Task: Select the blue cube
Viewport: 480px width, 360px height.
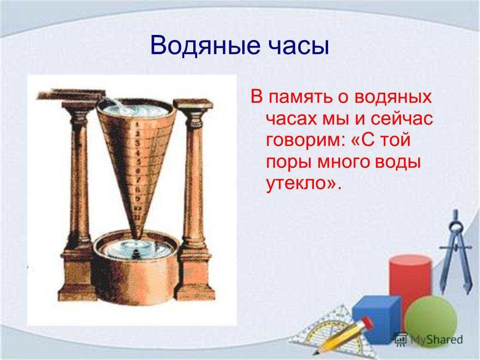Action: [x=377, y=319]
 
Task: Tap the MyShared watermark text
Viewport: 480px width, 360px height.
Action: [x=436, y=340]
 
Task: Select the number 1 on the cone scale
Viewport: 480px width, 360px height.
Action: [x=137, y=124]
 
